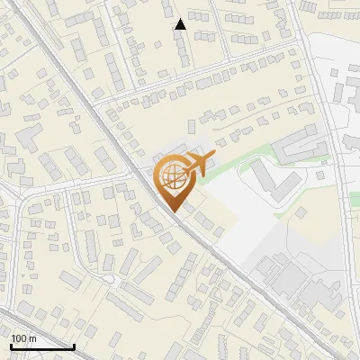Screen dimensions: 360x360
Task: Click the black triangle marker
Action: click(181, 24)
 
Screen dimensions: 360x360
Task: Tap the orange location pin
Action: click(173, 181)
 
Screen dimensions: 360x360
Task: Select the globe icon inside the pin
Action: click(172, 175)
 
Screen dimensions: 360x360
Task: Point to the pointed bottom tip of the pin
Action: click(173, 211)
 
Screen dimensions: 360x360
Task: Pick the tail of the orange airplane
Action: click(184, 168)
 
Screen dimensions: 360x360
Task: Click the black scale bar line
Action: click(41, 346)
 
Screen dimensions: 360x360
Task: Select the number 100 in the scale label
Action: click(19, 338)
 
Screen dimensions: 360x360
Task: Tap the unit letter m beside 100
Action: click(32, 338)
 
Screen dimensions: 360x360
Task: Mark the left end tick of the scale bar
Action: click(11, 345)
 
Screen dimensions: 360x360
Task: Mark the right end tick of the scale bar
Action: click(74, 345)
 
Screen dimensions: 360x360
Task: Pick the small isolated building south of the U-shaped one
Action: click(302, 213)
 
